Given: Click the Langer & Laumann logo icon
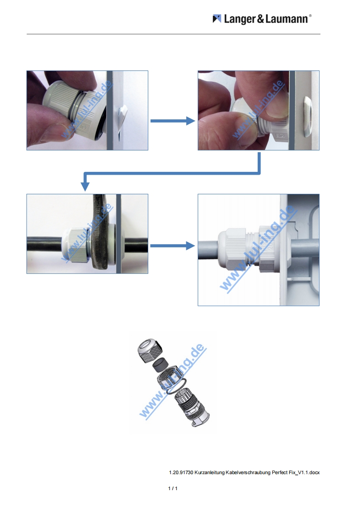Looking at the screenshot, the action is pyautogui.click(x=217, y=19).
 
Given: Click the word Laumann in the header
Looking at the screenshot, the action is pyautogui.click(x=287, y=19).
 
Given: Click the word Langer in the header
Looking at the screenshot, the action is pyautogui.click(x=240, y=19).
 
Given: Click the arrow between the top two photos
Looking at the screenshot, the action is pyautogui.click(x=173, y=121).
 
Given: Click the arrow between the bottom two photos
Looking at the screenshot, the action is pyautogui.click(x=172, y=246).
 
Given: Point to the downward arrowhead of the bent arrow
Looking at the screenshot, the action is pyautogui.click(x=85, y=186).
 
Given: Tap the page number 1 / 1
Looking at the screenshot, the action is pyautogui.click(x=173, y=488).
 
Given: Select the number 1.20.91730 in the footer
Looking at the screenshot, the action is pyautogui.click(x=181, y=472).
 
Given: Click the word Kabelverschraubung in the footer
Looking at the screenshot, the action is pyautogui.click(x=248, y=472).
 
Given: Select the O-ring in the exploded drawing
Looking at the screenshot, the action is pyautogui.click(x=177, y=386).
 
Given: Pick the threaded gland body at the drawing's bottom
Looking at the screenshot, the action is pyautogui.click(x=192, y=409).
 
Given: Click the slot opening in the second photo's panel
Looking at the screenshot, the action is pyautogui.click(x=307, y=116).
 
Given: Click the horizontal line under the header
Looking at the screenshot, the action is pyautogui.click(x=173, y=34).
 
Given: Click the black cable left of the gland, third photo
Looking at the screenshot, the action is pyautogui.click(x=45, y=243).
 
